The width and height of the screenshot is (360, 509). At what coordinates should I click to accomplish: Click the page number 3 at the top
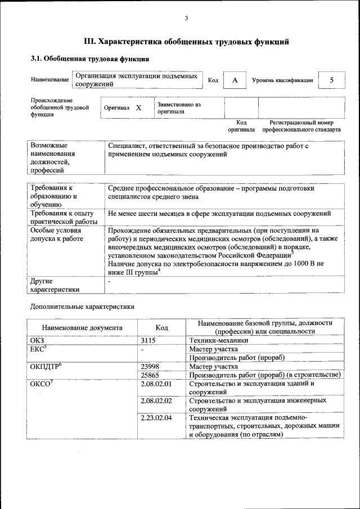click(186, 19)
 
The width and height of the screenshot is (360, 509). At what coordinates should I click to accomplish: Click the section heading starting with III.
click(186, 42)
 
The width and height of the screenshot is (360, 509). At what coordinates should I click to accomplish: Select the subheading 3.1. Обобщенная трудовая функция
click(89, 58)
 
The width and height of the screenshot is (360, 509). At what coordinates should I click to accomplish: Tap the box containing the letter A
click(235, 80)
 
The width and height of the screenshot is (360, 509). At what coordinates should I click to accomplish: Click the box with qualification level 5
click(331, 80)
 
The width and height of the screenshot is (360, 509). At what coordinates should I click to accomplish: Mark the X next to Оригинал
click(138, 107)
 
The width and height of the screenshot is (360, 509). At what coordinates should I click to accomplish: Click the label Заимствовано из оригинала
click(179, 108)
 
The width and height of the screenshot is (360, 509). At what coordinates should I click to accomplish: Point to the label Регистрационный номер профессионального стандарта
click(301, 126)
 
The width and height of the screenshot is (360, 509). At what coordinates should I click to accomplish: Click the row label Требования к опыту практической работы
click(63, 218)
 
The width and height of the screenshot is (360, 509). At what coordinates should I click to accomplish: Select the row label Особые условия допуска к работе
click(57, 235)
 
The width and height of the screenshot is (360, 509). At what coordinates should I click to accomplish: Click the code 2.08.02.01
click(156, 384)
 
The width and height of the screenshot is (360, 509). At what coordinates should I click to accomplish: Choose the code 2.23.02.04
click(156, 418)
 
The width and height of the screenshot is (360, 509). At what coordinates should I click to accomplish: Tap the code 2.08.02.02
click(156, 401)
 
